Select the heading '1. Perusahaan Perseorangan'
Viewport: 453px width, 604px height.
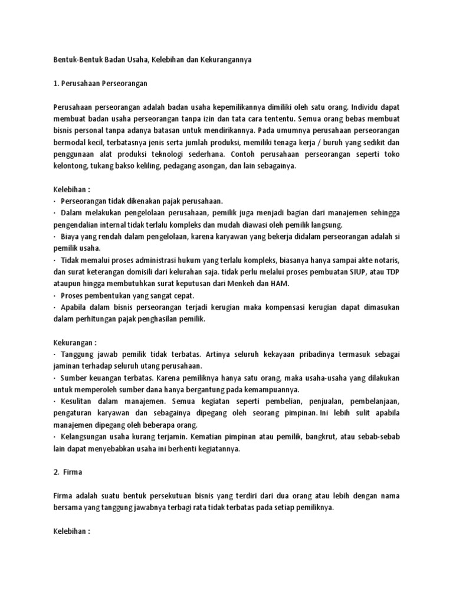(100, 84)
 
